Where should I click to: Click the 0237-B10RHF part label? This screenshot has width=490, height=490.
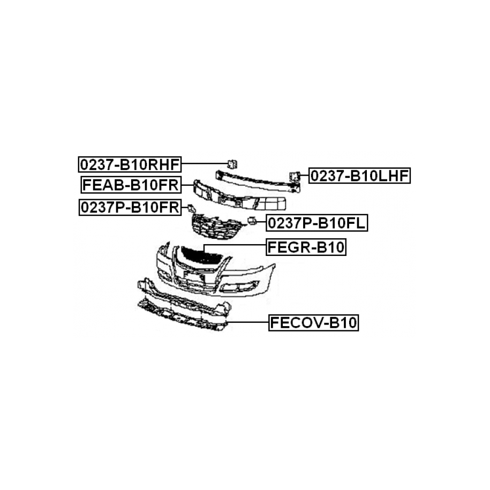(130, 163)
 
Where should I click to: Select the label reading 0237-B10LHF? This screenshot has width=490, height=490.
(359, 175)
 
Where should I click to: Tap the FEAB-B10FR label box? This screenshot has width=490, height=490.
(130, 185)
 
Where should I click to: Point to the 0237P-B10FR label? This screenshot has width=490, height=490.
(130, 207)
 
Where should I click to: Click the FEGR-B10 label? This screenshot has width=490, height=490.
(306, 247)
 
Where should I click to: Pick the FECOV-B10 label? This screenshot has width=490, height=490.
(313, 323)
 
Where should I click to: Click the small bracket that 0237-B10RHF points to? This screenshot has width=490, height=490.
(232, 163)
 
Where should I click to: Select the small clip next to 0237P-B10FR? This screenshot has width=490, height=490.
(190, 208)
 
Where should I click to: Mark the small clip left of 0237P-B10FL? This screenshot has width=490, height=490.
(251, 221)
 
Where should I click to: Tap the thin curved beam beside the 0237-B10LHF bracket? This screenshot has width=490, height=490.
(257, 180)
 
